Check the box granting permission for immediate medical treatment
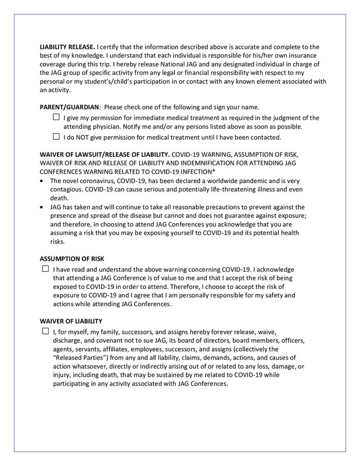pyautogui.click(x=56, y=118)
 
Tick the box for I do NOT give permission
pyautogui.click(x=56, y=137)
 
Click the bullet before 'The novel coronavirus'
pyautogui.click(x=42, y=181)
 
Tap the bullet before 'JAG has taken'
pyautogui.click(x=42, y=206)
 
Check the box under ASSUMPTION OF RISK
pyautogui.click(x=46, y=269)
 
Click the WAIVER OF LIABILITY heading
pyautogui.click(x=71, y=321)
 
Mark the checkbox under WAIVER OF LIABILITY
pyautogui.click(x=46, y=331)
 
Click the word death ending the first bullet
pyautogui.click(x=59, y=197)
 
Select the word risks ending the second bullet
pyautogui.click(x=57, y=241)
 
